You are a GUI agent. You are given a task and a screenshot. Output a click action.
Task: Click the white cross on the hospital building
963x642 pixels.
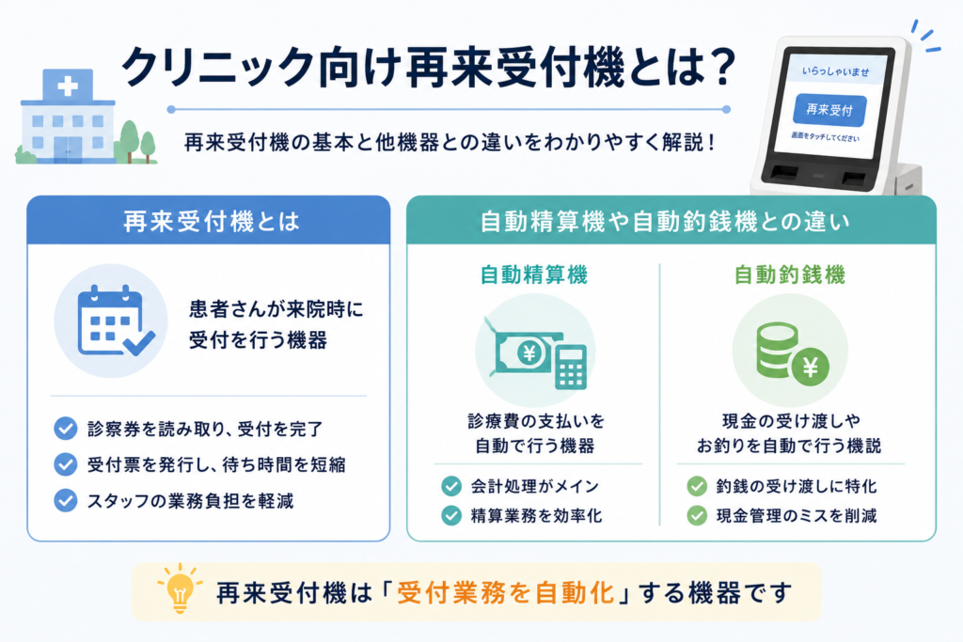point(68,86)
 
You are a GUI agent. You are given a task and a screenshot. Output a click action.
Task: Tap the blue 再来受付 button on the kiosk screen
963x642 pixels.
point(829,110)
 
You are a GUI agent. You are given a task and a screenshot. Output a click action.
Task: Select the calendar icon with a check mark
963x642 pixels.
point(116,321)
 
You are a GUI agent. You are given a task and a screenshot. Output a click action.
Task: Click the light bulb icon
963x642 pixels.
point(180,589)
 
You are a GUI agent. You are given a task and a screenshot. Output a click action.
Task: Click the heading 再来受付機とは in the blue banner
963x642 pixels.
point(212,221)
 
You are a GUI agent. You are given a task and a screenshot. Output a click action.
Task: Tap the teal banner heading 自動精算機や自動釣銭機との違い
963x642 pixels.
point(665,222)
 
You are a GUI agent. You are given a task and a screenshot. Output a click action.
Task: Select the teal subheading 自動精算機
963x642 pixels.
point(534,274)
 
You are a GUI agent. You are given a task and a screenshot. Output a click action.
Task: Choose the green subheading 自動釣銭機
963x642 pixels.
point(790,274)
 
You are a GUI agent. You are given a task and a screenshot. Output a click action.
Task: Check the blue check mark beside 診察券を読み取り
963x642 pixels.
point(66,429)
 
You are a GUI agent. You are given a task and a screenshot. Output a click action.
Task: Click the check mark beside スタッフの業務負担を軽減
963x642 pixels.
point(66,500)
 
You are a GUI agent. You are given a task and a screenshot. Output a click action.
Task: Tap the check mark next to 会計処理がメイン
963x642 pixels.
point(451,486)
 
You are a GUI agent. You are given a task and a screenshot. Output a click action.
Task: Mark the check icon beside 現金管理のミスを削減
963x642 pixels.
point(697,515)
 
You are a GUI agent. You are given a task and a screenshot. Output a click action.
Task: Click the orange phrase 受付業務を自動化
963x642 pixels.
point(505,593)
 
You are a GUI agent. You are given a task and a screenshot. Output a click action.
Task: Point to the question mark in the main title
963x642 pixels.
point(719,67)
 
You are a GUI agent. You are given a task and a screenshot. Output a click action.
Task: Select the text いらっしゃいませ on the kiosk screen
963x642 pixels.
point(835,71)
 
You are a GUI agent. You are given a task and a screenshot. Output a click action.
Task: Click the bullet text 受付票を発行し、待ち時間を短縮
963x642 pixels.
point(216,464)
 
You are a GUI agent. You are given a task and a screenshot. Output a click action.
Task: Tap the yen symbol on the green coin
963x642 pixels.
point(811,367)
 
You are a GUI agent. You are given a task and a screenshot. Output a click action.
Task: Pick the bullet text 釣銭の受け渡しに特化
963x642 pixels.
point(797,486)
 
